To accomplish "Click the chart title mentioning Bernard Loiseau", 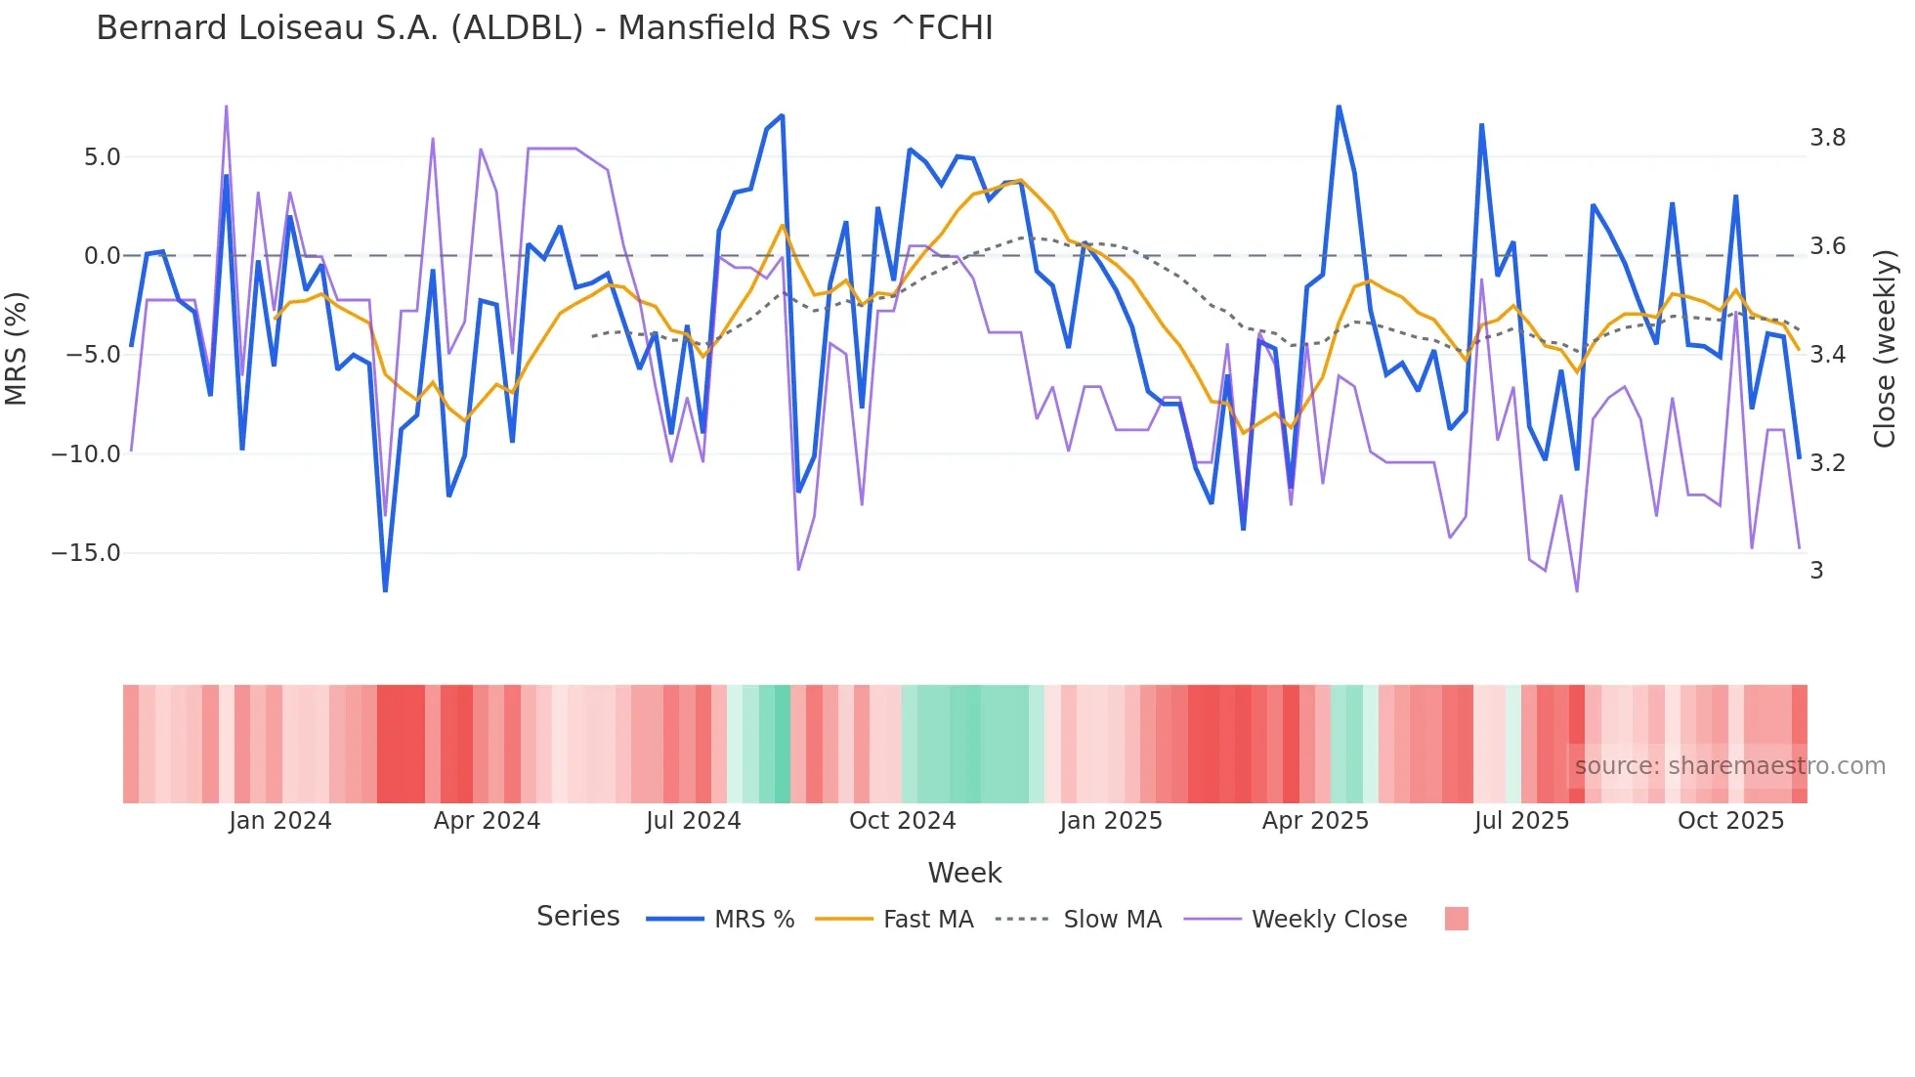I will [x=544, y=28].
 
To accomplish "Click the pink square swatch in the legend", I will [x=1456, y=919].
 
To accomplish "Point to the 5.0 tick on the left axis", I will [x=102, y=157].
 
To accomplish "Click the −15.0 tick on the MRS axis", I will [x=86, y=553].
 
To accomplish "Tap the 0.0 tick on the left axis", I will [x=102, y=256].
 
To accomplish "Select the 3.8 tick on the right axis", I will [x=1827, y=138].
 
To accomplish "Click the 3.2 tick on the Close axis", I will [x=1827, y=462].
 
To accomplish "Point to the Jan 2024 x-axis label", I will [x=280, y=821].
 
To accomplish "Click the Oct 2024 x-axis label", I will [x=902, y=821].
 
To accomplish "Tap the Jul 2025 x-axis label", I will [x=1521, y=821].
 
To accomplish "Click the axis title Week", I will [x=964, y=873].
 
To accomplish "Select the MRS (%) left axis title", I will [x=17, y=348].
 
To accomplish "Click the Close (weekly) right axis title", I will [x=1885, y=348].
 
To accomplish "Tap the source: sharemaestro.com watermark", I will [x=1729, y=766].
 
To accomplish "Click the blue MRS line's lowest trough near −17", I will [x=385, y=590].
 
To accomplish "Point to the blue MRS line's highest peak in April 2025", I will [x=1339, y=107].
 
